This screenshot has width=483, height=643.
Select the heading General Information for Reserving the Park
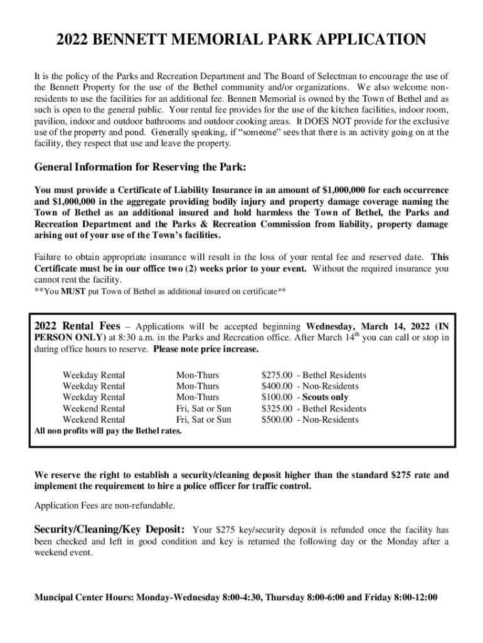(140, 168)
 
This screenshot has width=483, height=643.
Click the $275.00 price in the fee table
(277, 376)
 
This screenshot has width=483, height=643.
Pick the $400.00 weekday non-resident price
(277, 386)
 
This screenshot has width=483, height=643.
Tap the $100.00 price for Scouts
(277, 397)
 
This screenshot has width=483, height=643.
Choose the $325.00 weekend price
(277, 409)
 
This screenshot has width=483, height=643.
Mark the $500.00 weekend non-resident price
(277, 419)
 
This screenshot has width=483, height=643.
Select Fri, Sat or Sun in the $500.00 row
(203, 419)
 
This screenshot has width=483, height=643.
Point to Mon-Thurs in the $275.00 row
(197, 376)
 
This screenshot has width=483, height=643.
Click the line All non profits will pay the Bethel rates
(107, 431)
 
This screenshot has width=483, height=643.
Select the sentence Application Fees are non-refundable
(105, 505)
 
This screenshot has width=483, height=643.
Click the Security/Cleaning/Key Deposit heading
(109, 529)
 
